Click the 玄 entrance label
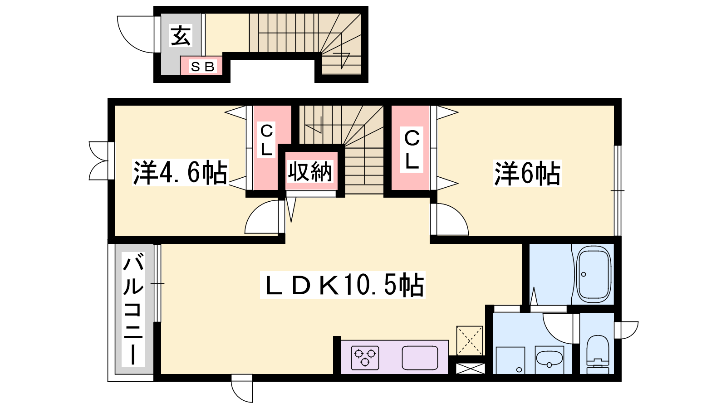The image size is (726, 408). coord(181,36)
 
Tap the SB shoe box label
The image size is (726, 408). coord(202,67)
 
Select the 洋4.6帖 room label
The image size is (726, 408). coord(180,172)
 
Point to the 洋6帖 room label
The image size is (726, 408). coord(527,174)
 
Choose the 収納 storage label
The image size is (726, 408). coord(310,172)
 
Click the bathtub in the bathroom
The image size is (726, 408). coord(594,275)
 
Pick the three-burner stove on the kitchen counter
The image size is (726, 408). coord(365,358)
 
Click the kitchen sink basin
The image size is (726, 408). coord(420,358)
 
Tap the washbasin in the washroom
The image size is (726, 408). coord(549,360)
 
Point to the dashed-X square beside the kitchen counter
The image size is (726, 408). coord(470,340)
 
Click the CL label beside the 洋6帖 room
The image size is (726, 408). coord(412,150)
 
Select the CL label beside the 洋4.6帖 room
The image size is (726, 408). coord(266,140)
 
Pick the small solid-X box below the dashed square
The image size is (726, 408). coord(470,369)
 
